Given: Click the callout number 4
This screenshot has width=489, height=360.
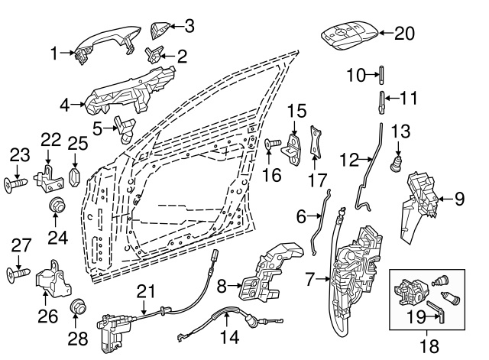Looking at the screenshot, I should coord(65,102).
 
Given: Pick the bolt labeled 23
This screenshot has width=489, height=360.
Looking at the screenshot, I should coord(19,183).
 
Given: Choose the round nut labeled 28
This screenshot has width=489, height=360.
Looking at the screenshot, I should coord(76,308).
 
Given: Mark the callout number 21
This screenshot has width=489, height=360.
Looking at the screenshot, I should coord(145,291).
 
